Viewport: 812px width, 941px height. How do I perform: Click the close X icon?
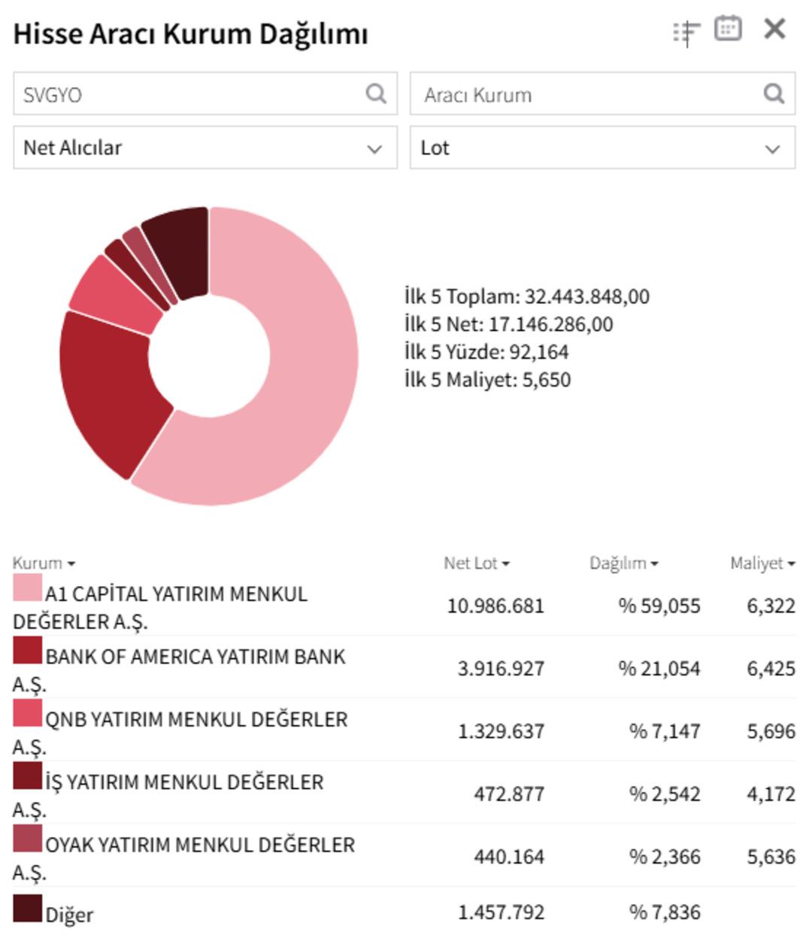click(774, 29)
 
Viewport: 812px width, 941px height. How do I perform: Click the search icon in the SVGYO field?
click(376, 93)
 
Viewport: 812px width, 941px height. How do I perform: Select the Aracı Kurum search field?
click(586, 94)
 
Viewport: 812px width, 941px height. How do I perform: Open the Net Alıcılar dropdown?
click(205, 147)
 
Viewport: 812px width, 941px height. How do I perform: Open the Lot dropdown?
click(602, 147)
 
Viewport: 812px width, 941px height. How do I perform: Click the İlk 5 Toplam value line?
click(526, 296)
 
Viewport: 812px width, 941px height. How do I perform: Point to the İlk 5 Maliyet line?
click(487, 379)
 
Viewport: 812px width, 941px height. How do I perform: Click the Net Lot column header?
click(476, 563)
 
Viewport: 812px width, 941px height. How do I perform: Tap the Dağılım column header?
click(623, 563)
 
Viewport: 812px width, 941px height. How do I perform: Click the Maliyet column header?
click(762, 563)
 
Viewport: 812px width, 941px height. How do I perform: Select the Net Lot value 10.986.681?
click(495, 606)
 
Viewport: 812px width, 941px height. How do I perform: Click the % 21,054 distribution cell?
click(659, 669)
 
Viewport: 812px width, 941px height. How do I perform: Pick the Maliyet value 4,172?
click(771, 794)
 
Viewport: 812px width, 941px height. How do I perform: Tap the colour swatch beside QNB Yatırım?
click(27, 713)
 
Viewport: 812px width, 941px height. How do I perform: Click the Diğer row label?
click(69, 915)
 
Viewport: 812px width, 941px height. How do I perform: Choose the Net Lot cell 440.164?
click(508, 857)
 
